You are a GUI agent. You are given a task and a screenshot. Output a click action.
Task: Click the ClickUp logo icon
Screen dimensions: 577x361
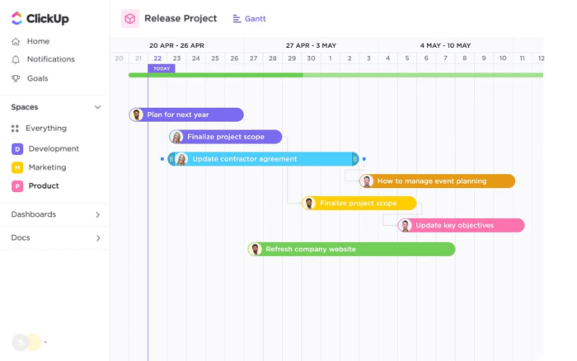pyautogui.click(x=17, y=18)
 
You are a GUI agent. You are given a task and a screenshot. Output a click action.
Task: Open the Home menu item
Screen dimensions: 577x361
pyautogui.click(x=38, y=41)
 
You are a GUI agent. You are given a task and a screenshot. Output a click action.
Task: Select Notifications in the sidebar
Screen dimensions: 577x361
pyautogui.click(x=51, y=59)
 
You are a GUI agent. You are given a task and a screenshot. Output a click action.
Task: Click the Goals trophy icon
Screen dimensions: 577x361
pyautogui.click(x=16, y=78)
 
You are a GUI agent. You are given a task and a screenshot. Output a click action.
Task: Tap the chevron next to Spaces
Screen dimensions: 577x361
pyautogui.click(x=97, y=107)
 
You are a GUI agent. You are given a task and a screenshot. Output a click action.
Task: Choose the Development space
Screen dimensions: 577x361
pyautogui.click(x=54, y=148)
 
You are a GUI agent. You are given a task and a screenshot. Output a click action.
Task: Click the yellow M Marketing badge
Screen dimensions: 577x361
pyautogui.click(x=17, y=167)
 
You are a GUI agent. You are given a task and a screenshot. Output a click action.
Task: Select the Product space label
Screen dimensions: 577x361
pyautogui.click(x=44, y=185)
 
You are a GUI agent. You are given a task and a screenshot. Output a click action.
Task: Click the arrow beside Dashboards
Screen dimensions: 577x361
pyautogui.click(x=97, y=214)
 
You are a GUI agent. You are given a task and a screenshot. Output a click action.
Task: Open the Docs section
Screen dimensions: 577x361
pyautogui.click(x=21, y=237)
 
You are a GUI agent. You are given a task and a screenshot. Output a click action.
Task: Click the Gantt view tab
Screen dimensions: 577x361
pyautogui.click(x=249, y=19)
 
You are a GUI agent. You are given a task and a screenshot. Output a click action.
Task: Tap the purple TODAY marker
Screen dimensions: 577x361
pyautogui.click(x=162, y=68)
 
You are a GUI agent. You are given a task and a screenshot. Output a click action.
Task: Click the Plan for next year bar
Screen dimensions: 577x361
pyautogui.click(x=186, y=115)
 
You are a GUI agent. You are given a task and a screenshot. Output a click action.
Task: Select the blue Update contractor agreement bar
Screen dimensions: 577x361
pyautogui.click(x=263, y=159)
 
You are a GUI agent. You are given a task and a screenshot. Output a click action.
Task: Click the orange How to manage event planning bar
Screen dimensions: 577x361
pyautogui.click(x=437, y=181)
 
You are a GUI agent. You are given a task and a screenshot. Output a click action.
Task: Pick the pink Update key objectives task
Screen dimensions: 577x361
pyautogui.click(x=461, y=225)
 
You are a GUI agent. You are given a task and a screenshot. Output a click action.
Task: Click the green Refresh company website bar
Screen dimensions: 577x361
pyautogui.click(x=351, y=249)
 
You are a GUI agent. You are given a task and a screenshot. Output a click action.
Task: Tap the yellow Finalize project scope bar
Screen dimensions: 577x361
pyautogui.click(x=359, y=203)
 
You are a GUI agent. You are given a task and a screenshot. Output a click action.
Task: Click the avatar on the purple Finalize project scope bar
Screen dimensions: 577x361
pyautogui.click(x=176, y=137)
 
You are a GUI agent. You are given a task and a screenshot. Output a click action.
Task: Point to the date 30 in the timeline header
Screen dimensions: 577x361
pyautogui.click(x=311, y=59)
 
